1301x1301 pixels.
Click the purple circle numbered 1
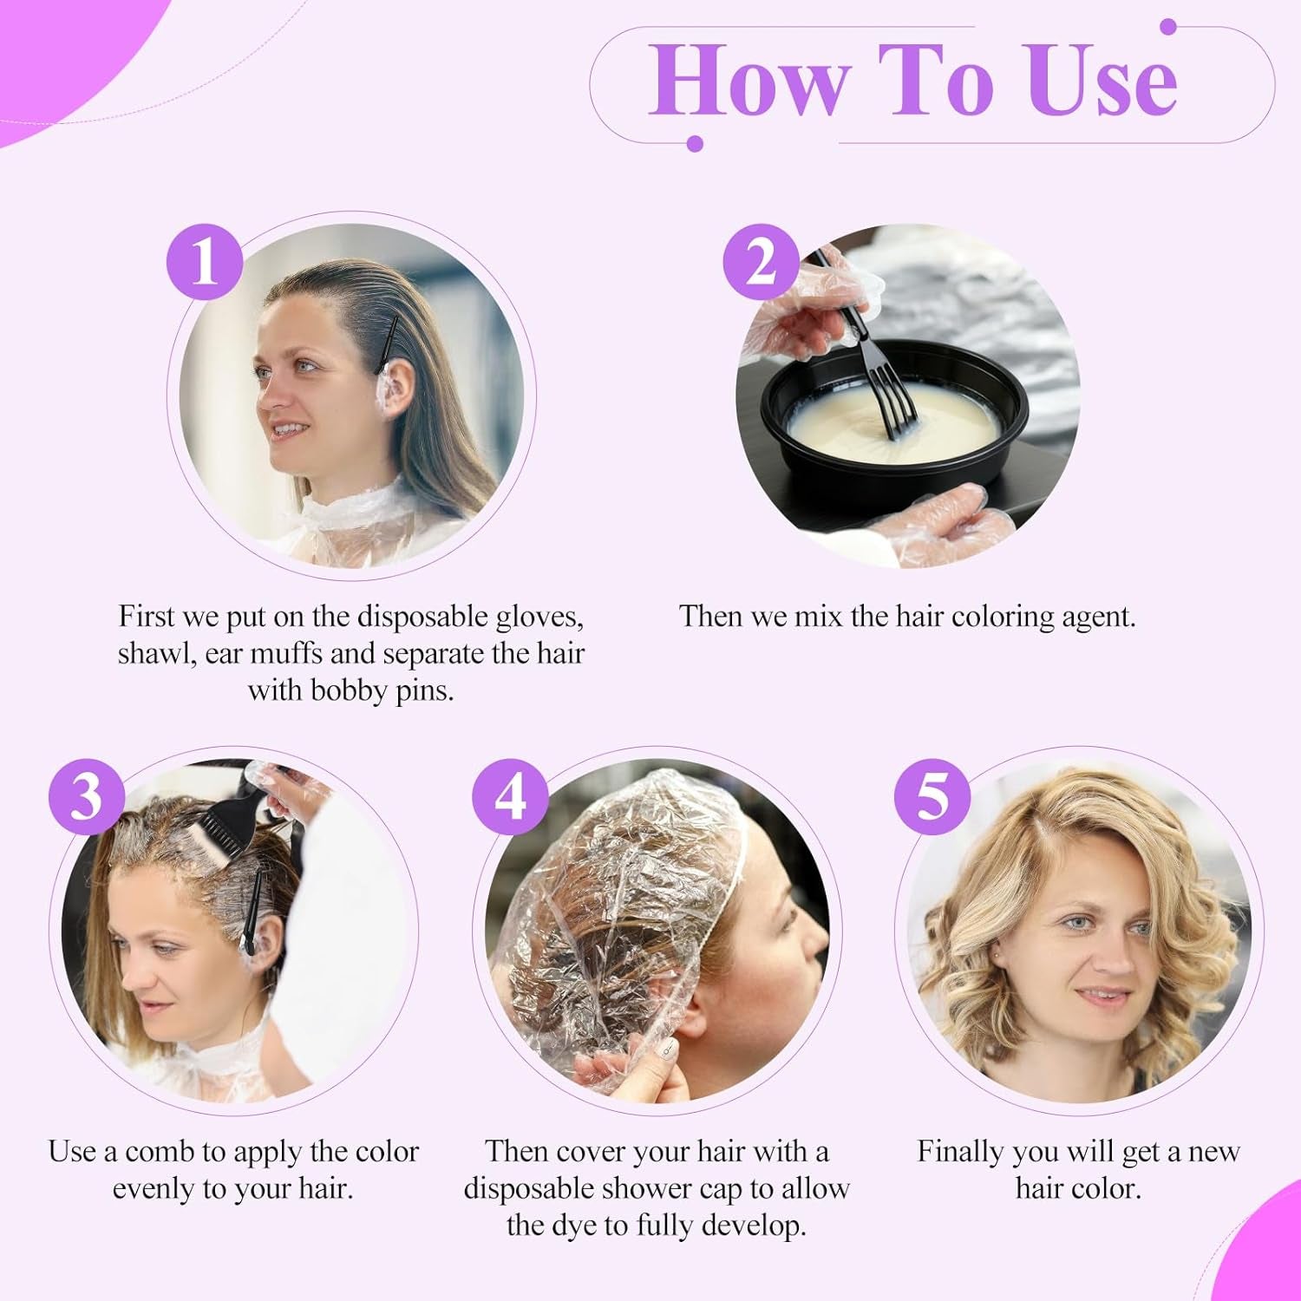(205, 262)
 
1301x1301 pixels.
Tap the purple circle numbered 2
(761, 262)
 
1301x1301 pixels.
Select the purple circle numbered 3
(86, 796)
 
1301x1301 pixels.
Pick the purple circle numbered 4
(510, 796)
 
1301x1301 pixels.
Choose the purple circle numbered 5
(932, 796)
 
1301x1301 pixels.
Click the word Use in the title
(1102, 81)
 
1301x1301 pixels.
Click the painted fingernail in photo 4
(667, 1049)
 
